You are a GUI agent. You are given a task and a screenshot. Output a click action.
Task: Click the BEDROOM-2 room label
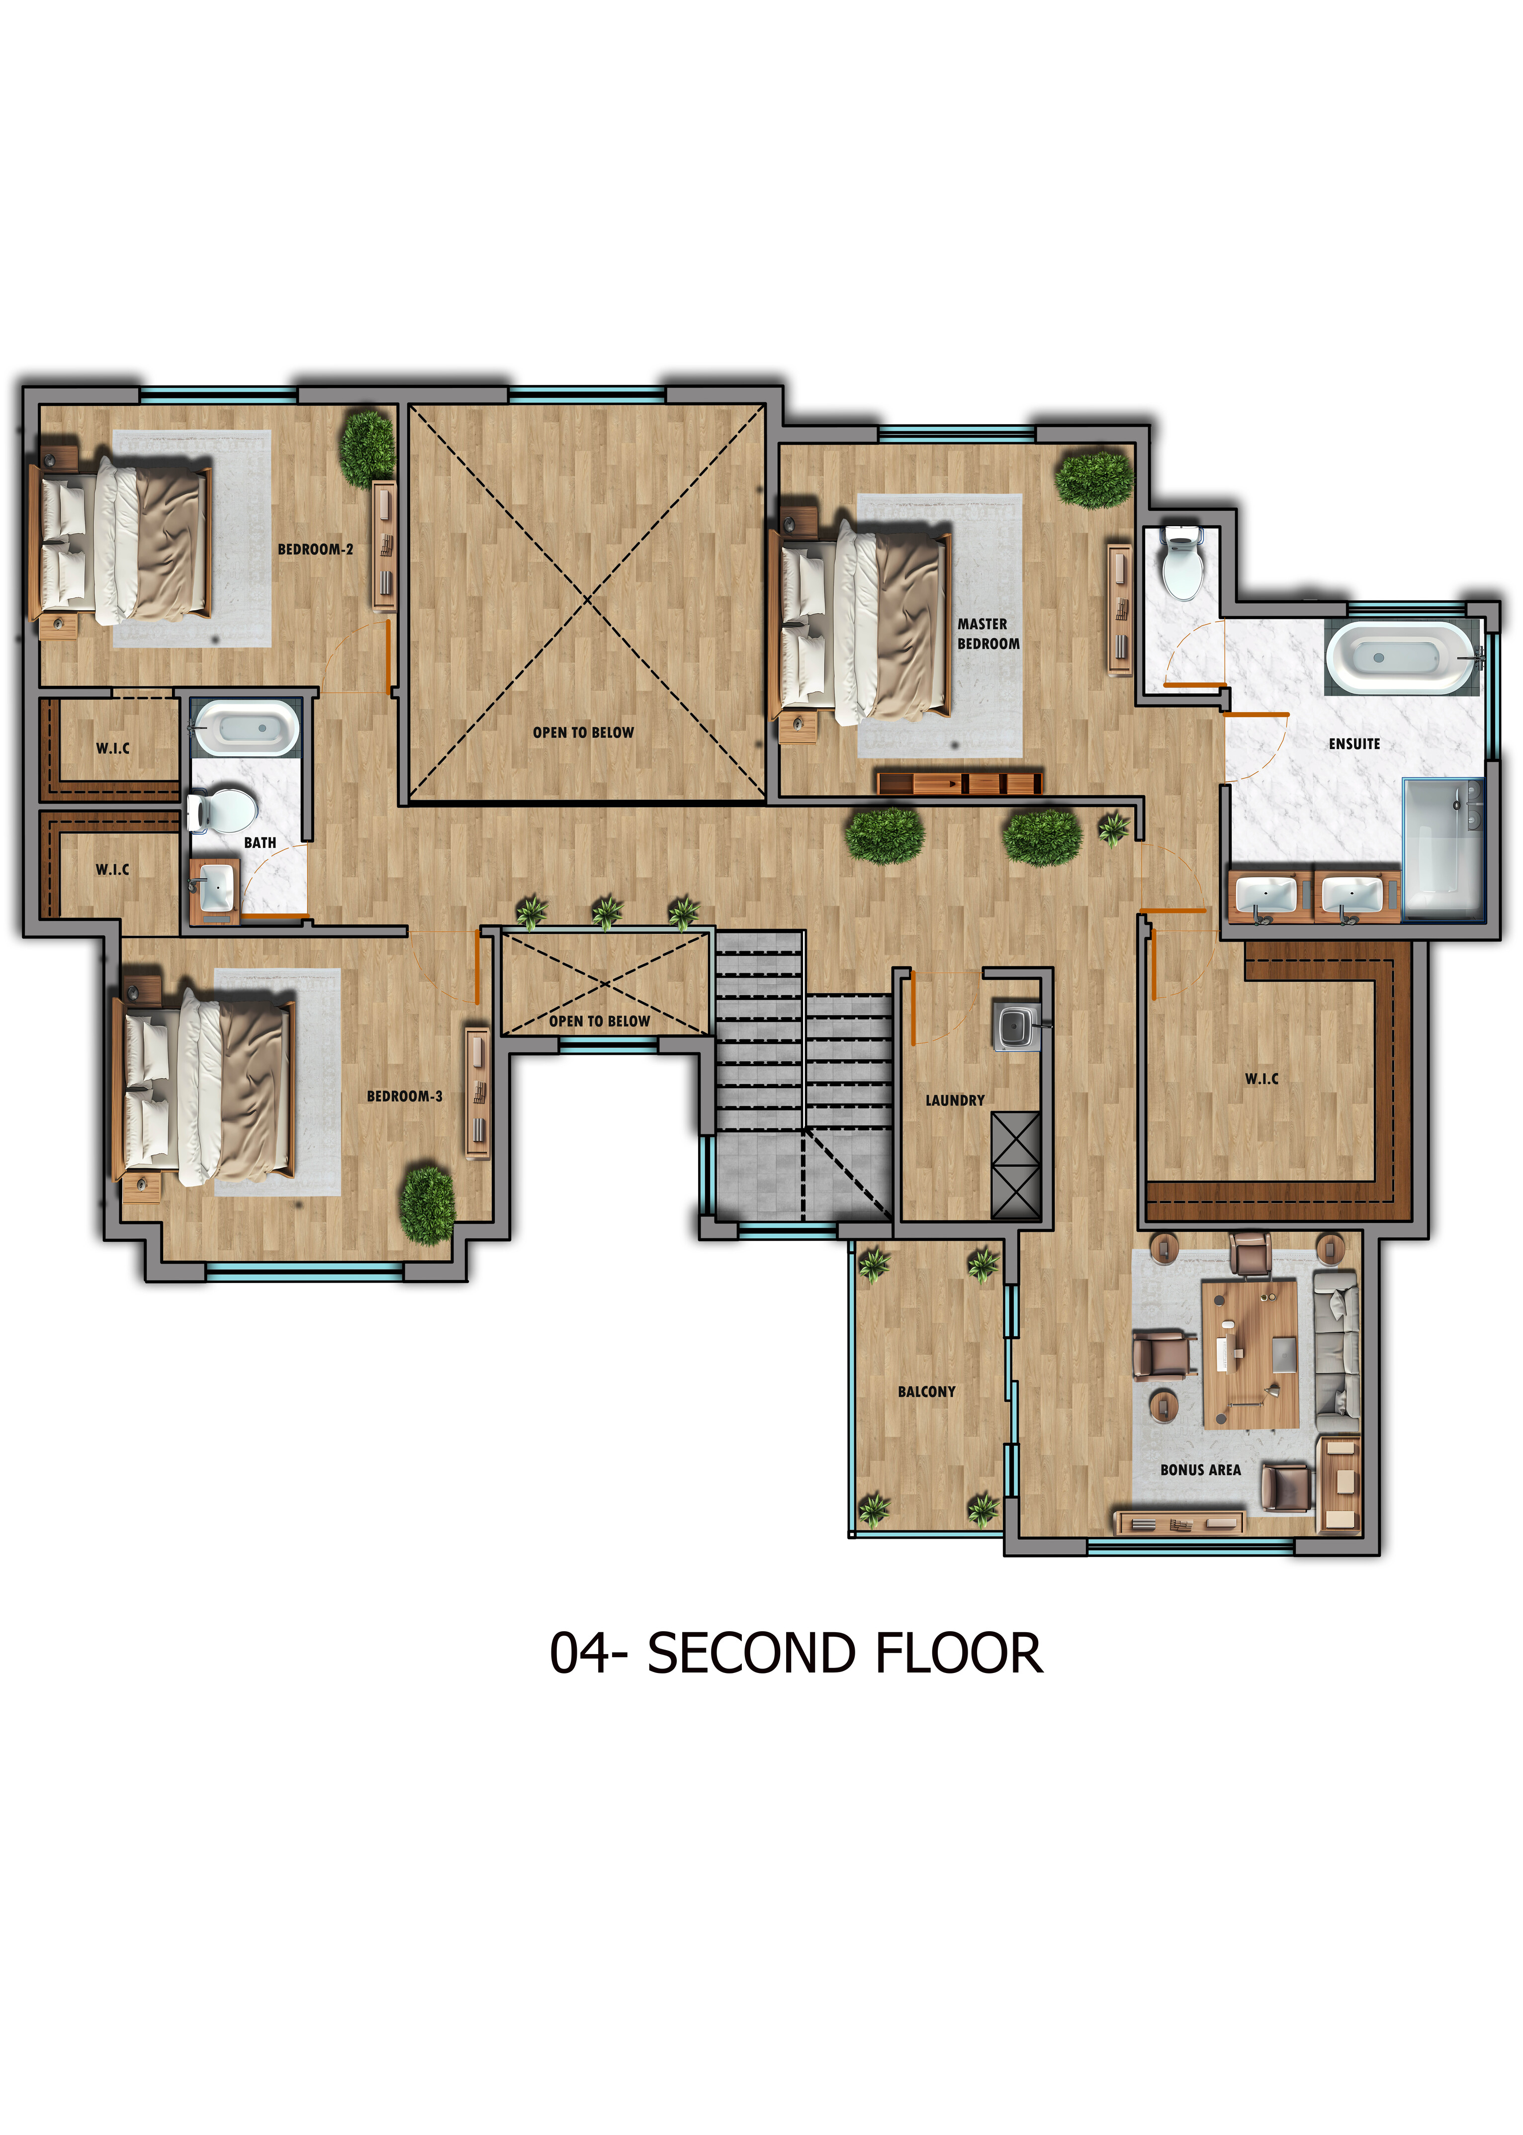315,550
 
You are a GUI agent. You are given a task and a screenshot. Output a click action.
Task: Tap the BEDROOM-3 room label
404,1096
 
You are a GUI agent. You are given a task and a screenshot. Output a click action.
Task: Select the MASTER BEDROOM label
987,633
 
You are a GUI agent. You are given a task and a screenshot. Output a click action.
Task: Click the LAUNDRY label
955,1101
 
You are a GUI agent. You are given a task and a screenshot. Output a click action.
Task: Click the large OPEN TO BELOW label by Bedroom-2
583,733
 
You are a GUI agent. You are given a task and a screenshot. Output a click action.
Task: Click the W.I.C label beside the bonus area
1261,1079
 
